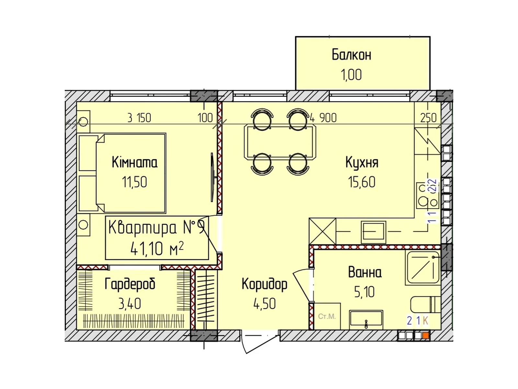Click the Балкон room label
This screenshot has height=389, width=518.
click(x=351, y=55)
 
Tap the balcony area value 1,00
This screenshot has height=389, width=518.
click(x=351, y=75)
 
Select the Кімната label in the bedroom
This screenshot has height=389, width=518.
click(x=134, y=162)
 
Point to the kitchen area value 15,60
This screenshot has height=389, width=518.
click(x=362, y=182)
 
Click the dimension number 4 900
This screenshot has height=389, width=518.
click(x=323, y=118)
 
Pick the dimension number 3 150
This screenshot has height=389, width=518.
click(x=139, y=118)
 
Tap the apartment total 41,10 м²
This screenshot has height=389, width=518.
click(x=157, y=249)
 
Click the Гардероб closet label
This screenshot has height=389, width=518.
click(x=130, y=284)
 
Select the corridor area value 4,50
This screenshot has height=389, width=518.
click(x=265, y=304)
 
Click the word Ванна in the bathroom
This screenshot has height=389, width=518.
click(x=365, y=272)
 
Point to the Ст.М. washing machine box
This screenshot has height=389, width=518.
click(x=327, y=316)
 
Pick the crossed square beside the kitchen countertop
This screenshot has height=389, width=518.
click(x=322, y=231)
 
